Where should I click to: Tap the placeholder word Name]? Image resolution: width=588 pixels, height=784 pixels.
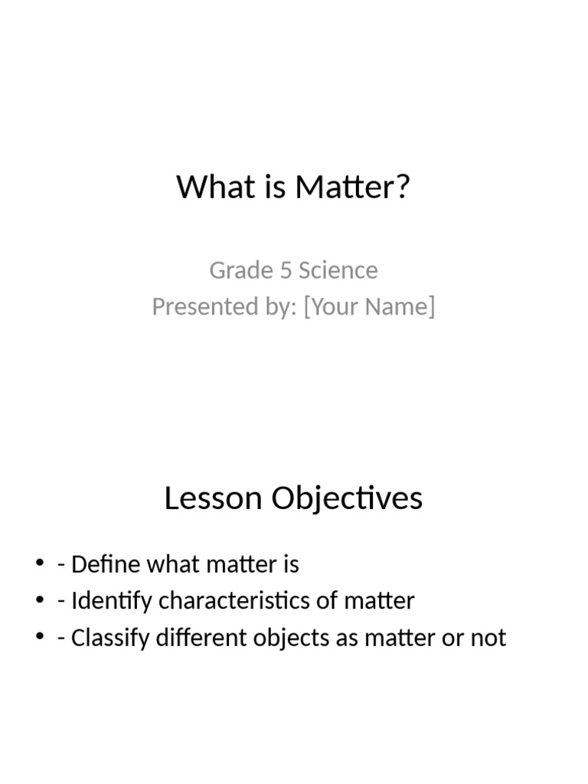399,306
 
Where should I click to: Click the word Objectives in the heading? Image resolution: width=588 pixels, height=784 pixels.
346,498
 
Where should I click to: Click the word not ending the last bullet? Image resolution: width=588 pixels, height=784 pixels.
489,637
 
